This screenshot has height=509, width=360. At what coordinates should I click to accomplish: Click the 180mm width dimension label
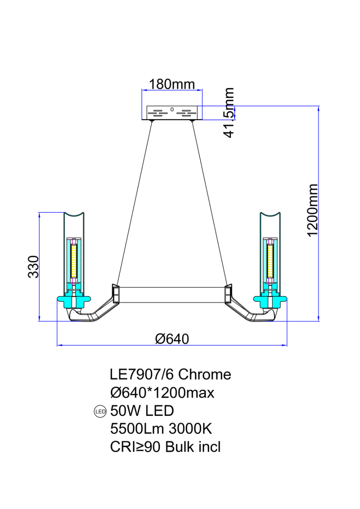pos(172,84)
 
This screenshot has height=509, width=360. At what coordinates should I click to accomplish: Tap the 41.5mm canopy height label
pos(228,112)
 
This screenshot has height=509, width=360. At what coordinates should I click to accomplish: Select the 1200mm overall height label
pos(312,210)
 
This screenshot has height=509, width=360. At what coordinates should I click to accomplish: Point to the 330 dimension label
pos(33,267)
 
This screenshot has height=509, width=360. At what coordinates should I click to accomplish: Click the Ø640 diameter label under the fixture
pos(172,339)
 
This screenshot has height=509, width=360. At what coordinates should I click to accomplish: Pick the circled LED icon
pos(100,412)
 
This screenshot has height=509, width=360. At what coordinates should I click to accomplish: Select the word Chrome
pos(204,374)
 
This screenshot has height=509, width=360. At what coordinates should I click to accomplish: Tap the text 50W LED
pos(142,411)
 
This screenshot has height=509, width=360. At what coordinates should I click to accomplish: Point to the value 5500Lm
pos(137,429)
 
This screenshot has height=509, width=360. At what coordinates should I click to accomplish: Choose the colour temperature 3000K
pos(190,429)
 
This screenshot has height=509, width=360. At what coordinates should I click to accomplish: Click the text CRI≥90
pos(135,447)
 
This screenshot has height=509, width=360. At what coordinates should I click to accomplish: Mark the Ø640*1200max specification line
pos(162,393)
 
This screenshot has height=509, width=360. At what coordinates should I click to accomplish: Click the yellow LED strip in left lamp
pos(74,261)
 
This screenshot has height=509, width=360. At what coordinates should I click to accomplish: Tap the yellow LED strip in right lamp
pos(270,261)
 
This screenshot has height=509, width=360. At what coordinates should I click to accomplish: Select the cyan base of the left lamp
pos(74,299)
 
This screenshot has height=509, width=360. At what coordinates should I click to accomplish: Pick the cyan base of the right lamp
pos(270,299)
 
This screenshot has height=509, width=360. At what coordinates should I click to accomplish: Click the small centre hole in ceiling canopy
pos(172,110)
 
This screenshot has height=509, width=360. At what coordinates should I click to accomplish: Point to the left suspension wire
pos(134,203)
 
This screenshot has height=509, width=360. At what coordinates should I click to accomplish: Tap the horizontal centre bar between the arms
pos(172,295)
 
